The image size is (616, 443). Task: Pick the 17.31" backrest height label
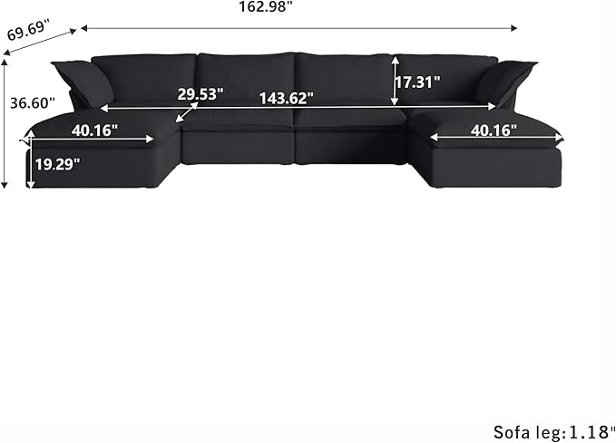(x=419, y=82)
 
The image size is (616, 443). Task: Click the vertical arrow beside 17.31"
(x=395, y=80)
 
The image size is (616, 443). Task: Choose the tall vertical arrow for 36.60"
(x=6, y=122)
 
